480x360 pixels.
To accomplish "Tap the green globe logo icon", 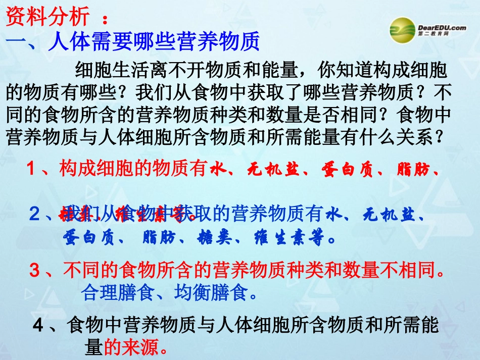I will (403, 28).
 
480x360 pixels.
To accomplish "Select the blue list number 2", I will (34, 215).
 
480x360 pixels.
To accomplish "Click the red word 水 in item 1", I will (216, 169).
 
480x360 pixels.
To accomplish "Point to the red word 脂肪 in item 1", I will (411, 169).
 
